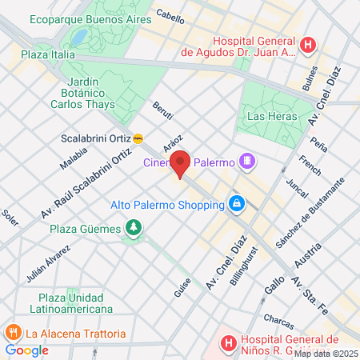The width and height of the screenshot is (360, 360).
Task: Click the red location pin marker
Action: (x=181, y=164)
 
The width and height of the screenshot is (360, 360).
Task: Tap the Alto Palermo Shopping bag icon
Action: (x=237, y=203)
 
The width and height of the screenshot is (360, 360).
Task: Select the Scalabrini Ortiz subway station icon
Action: (x=139, y=138)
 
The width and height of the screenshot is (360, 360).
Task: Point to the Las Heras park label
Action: (x=266, y=116)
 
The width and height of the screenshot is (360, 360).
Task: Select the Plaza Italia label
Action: (x=48, y=55)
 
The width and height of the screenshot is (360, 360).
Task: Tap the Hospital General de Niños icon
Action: (x=228, y=342)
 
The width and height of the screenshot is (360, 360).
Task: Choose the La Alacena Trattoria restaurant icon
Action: (x=13, y=333)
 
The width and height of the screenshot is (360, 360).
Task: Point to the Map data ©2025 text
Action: (x=326, y=354)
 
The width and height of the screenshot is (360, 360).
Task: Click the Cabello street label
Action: (x=170, y=14)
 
